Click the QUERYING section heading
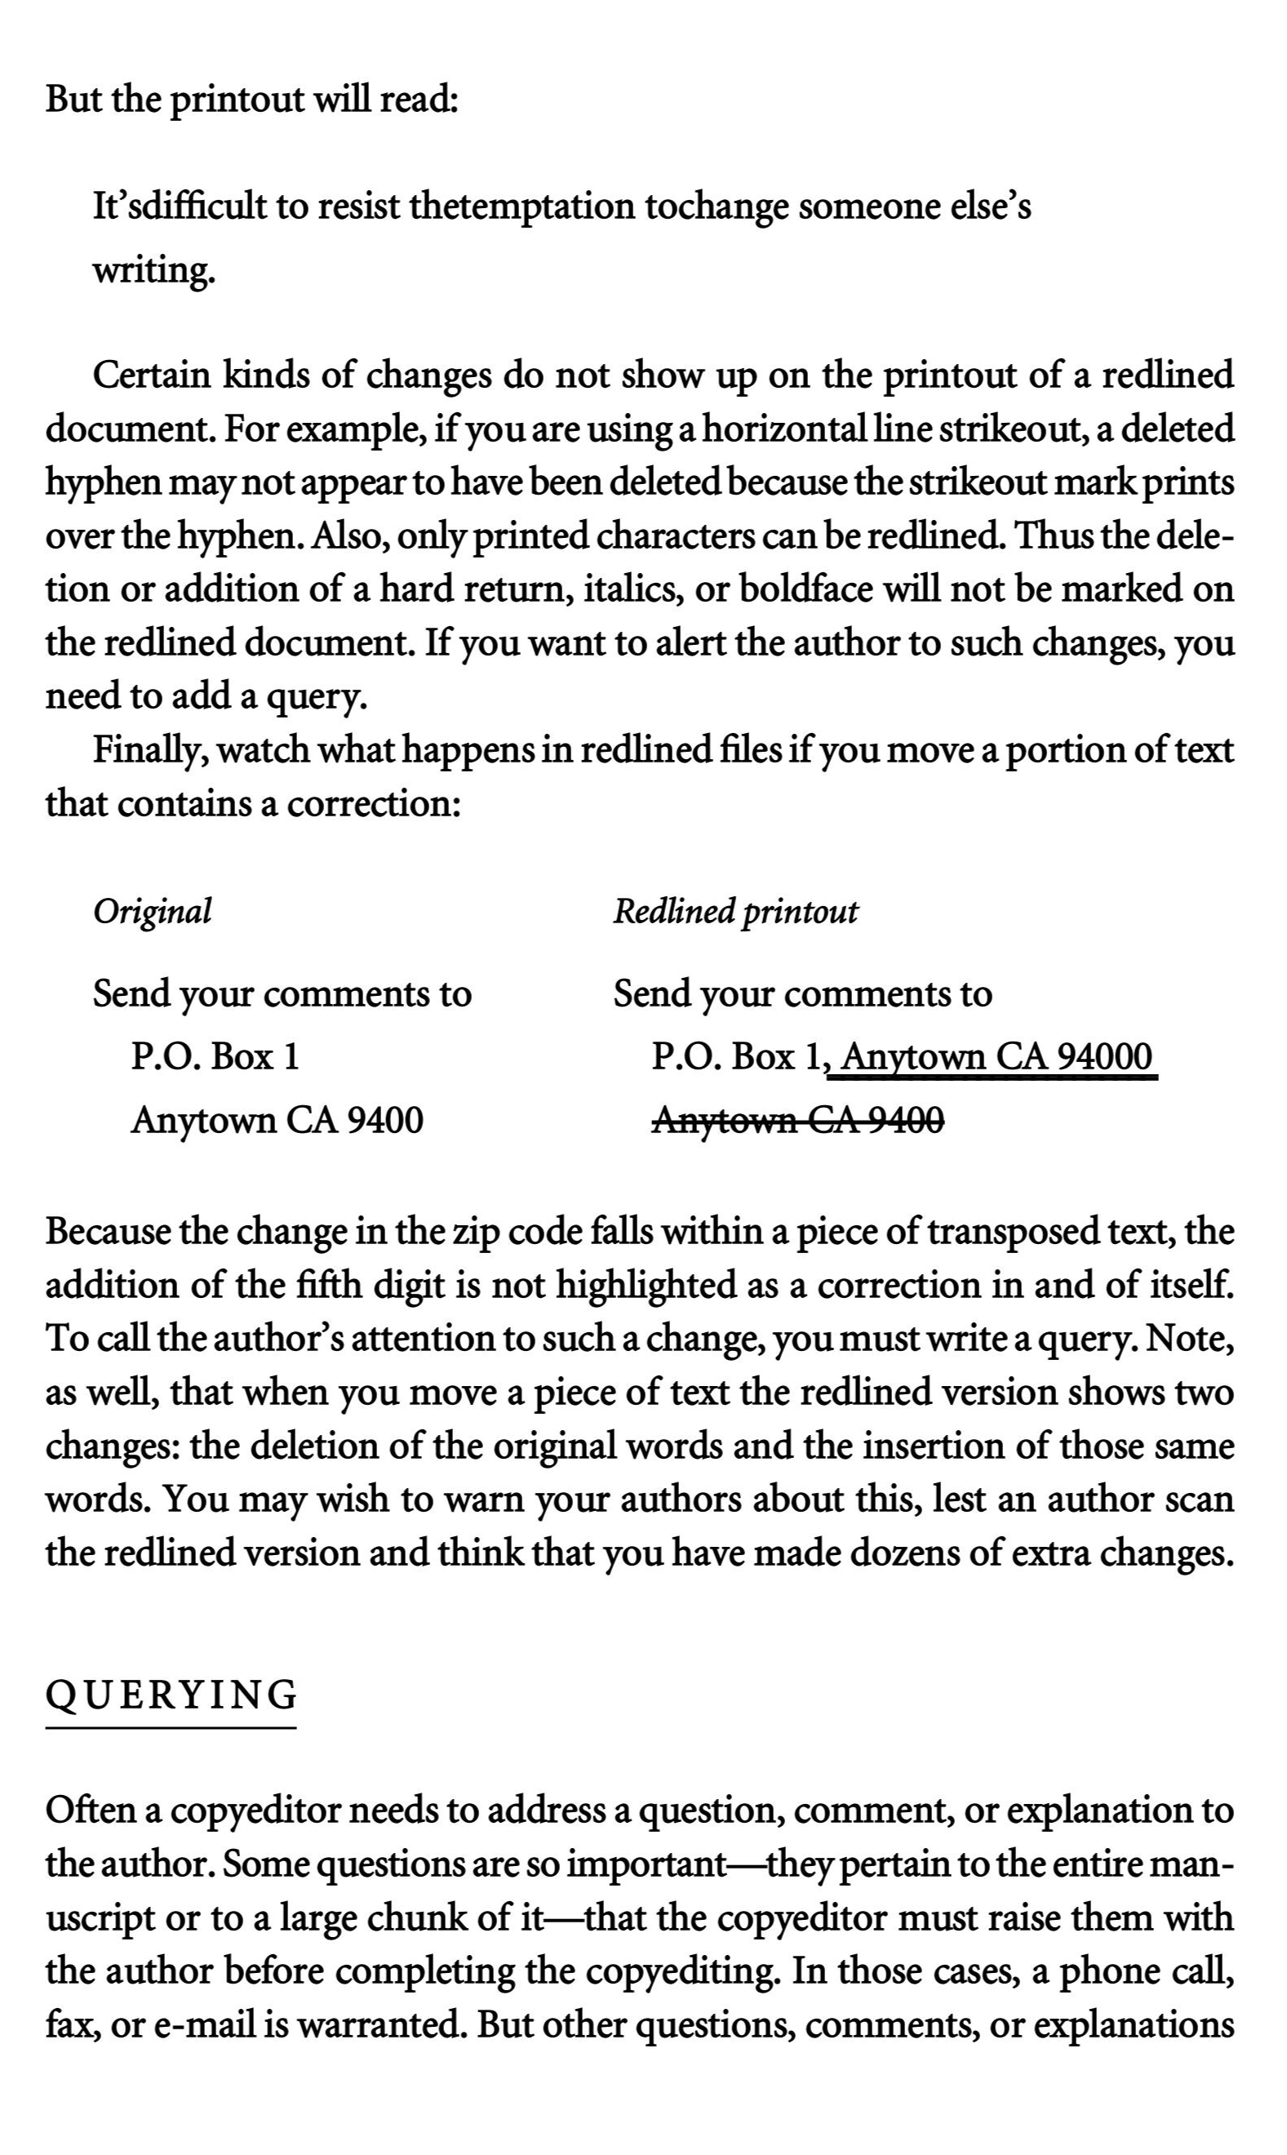171,1695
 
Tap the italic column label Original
152,912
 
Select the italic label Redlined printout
735,912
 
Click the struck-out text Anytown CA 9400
798,1121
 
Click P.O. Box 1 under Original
215,1057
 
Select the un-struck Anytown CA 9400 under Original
277,1121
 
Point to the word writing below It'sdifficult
152,272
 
